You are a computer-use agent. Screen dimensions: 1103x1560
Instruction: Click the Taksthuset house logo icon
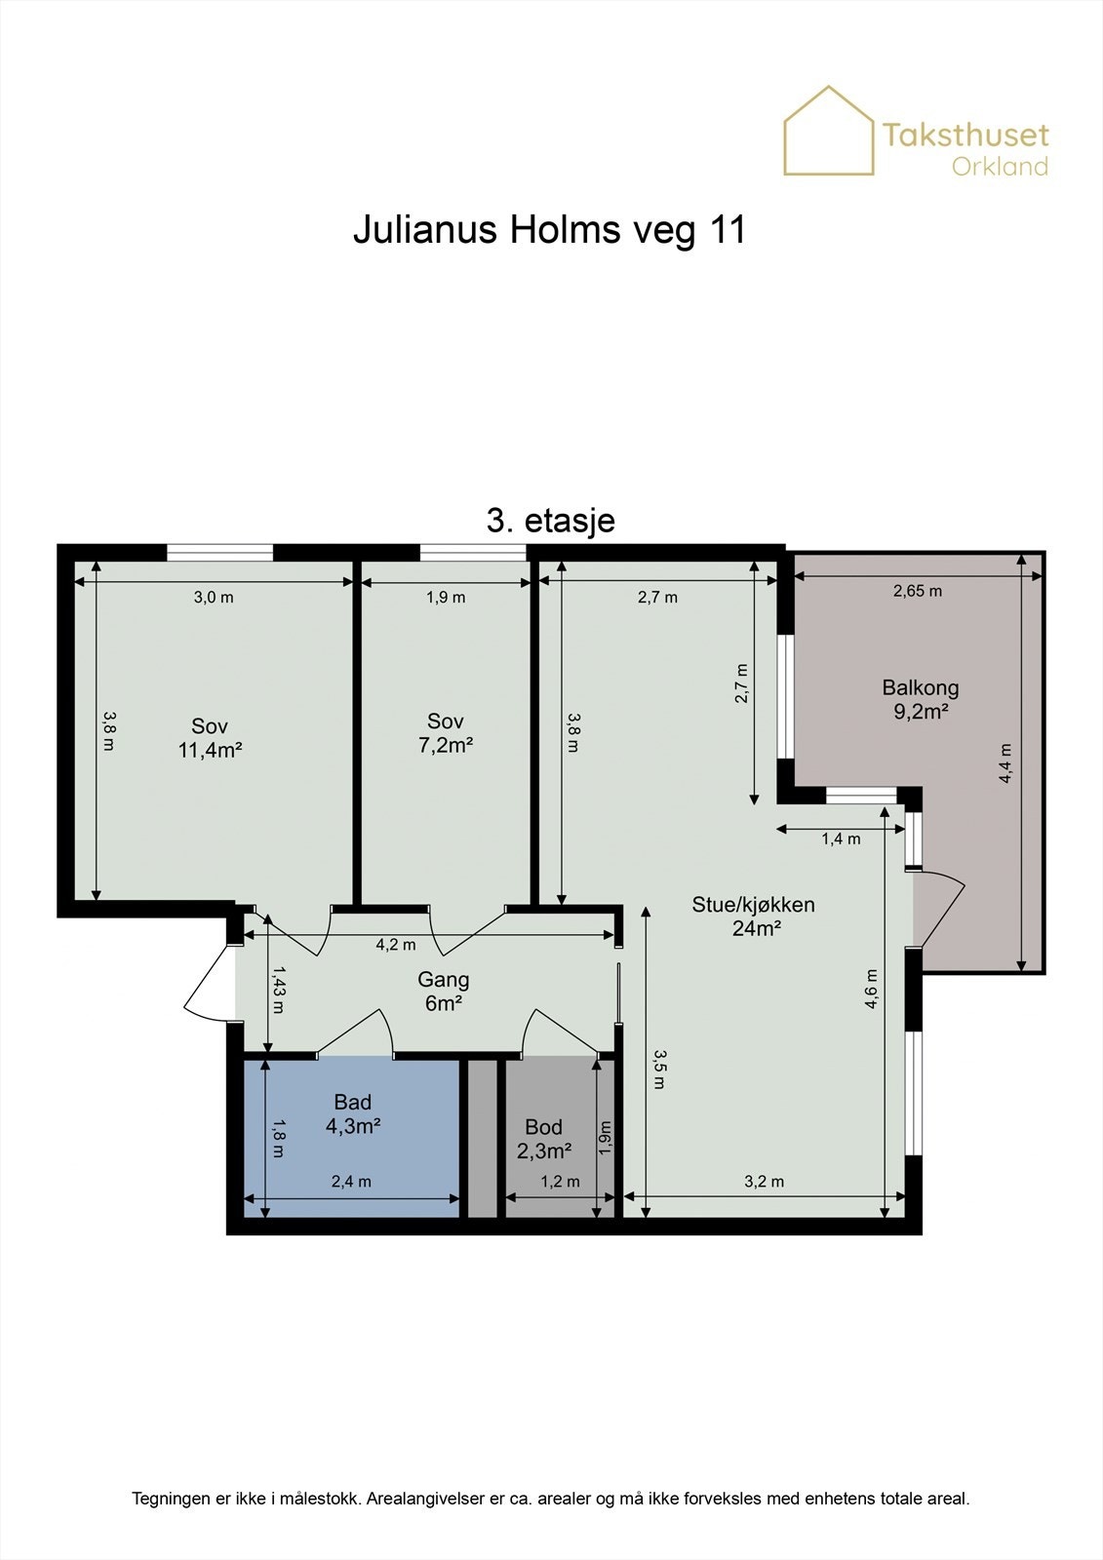pyautogui.click(x=829, y=131)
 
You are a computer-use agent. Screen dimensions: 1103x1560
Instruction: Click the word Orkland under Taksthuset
pyautogui.click(x=1000, y=167)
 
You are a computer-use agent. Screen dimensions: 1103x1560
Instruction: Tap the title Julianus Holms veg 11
pyautogui.click(x=550, y=229)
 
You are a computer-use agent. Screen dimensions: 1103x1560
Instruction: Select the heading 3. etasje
pyautogui.click(x=550, y=521)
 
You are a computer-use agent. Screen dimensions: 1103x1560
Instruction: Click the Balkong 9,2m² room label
pyautogui.click(x=921, y=699)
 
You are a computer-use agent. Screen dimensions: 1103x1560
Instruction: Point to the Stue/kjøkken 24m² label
pyautogui.click(x=753, y=916)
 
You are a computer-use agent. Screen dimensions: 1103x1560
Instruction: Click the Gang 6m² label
pyautogui.click(x=443, y=991)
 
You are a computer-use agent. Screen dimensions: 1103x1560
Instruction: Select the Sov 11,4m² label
pyautogui.click(x=210, y=738)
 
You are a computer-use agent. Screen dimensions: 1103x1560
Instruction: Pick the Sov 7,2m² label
pyautogui.click(x=446, y=732)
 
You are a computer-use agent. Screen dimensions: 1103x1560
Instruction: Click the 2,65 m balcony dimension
pyautogui.click(x=918, y=591)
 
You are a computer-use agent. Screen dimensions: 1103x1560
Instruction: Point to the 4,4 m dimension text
pyautogui.click(x=1005, y=763)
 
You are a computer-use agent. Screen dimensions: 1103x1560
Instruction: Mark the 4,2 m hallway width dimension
pyautogui.click(x=396, y=945)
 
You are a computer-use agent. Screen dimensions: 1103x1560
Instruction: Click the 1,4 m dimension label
pyautogui.click(x=841, y=839)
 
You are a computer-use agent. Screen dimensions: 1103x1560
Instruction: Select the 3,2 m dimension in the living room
pyautogui.click(x=765, y=1182)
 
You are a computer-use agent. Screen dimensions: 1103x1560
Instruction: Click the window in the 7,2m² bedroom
pyautogui.click(x=473, y=552)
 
